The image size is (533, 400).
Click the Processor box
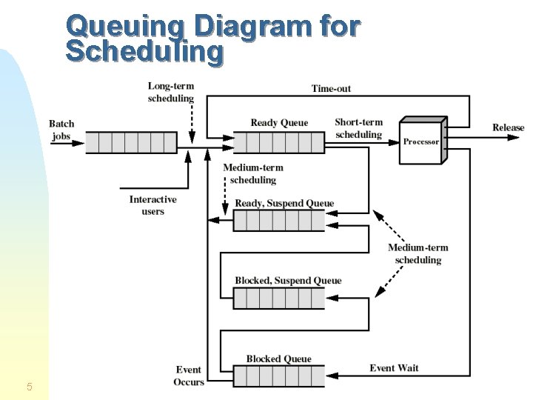tap(421, 141)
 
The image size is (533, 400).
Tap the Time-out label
tap(331, 89)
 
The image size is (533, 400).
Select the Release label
tap(508, 127)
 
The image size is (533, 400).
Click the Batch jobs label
tap(61, 130)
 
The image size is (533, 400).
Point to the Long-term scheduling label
tap(171, 93)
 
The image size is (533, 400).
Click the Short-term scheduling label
tap(358, 129)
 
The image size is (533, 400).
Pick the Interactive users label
tap(152, 205)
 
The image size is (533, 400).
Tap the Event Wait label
tap(394, 368)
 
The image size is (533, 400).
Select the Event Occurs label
tap(190, 376)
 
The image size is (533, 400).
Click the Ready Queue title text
tap(279, 123)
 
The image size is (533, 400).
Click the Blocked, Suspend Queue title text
tap(288, 281)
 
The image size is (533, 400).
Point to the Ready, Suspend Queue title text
tap(284, 203)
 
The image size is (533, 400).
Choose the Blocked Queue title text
tap(279, 359)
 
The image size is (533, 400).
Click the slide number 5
tap(29, 386)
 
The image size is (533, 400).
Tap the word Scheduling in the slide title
tap(144, 52)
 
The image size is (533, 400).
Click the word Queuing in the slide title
tap(127, 27)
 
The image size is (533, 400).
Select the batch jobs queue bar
tap(131, 142)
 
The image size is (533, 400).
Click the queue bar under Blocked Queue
tap(278, 376)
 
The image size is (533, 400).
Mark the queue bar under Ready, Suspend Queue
tap(278, 221)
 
